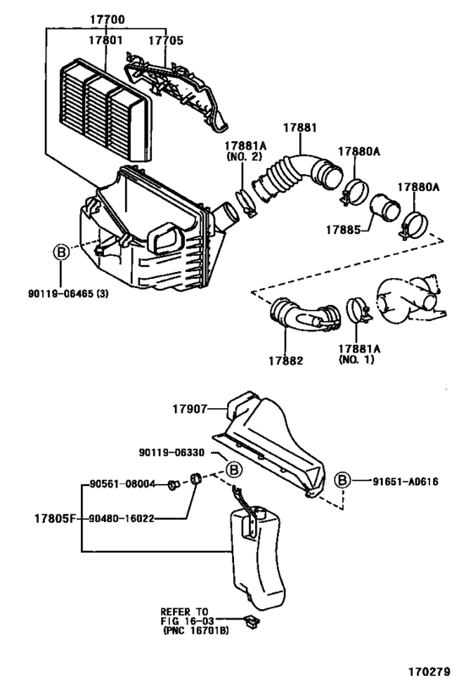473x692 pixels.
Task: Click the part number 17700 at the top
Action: click(107, 19)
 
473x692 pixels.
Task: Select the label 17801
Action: click(106, 41)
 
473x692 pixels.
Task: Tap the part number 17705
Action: click(166, 41)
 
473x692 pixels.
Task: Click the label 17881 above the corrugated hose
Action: click(300, 128)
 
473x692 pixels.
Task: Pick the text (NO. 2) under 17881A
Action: click(244, 156)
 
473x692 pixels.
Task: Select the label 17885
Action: click(343, 230)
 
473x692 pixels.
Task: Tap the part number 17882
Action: click(286, 361)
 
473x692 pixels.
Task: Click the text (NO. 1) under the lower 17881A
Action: click(356, 359)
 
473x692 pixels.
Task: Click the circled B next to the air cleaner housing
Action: click(62, 253)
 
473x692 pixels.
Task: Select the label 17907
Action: click(189, 409)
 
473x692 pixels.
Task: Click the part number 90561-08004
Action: click(122, 484)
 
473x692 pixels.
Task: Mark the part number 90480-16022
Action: click(122, 519)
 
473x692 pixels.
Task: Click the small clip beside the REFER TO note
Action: click(252, 622)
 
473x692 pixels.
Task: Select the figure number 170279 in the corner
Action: click(429, 671)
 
